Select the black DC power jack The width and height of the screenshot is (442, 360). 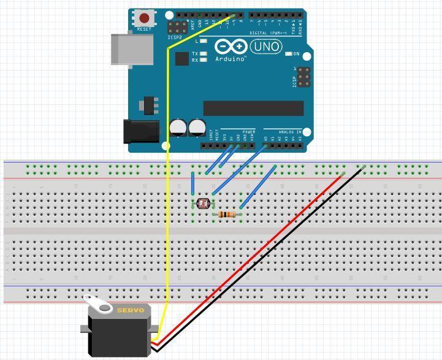(141, 131)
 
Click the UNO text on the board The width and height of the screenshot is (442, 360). (265, 47)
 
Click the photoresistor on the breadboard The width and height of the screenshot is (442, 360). (203, 203)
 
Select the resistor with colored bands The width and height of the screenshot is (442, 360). (227, 215)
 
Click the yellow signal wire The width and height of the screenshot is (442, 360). (167, 184)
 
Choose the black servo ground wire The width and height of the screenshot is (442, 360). (270, 258)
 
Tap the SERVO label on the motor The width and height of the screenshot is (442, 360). (130, 310)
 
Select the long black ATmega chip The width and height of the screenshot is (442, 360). (253, 109)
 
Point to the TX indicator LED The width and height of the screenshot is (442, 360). (202, 54)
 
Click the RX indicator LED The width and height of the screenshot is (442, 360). (202, 60)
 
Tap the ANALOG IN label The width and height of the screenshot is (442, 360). (290, 132)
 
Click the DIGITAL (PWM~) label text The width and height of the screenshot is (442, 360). (270, 33)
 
